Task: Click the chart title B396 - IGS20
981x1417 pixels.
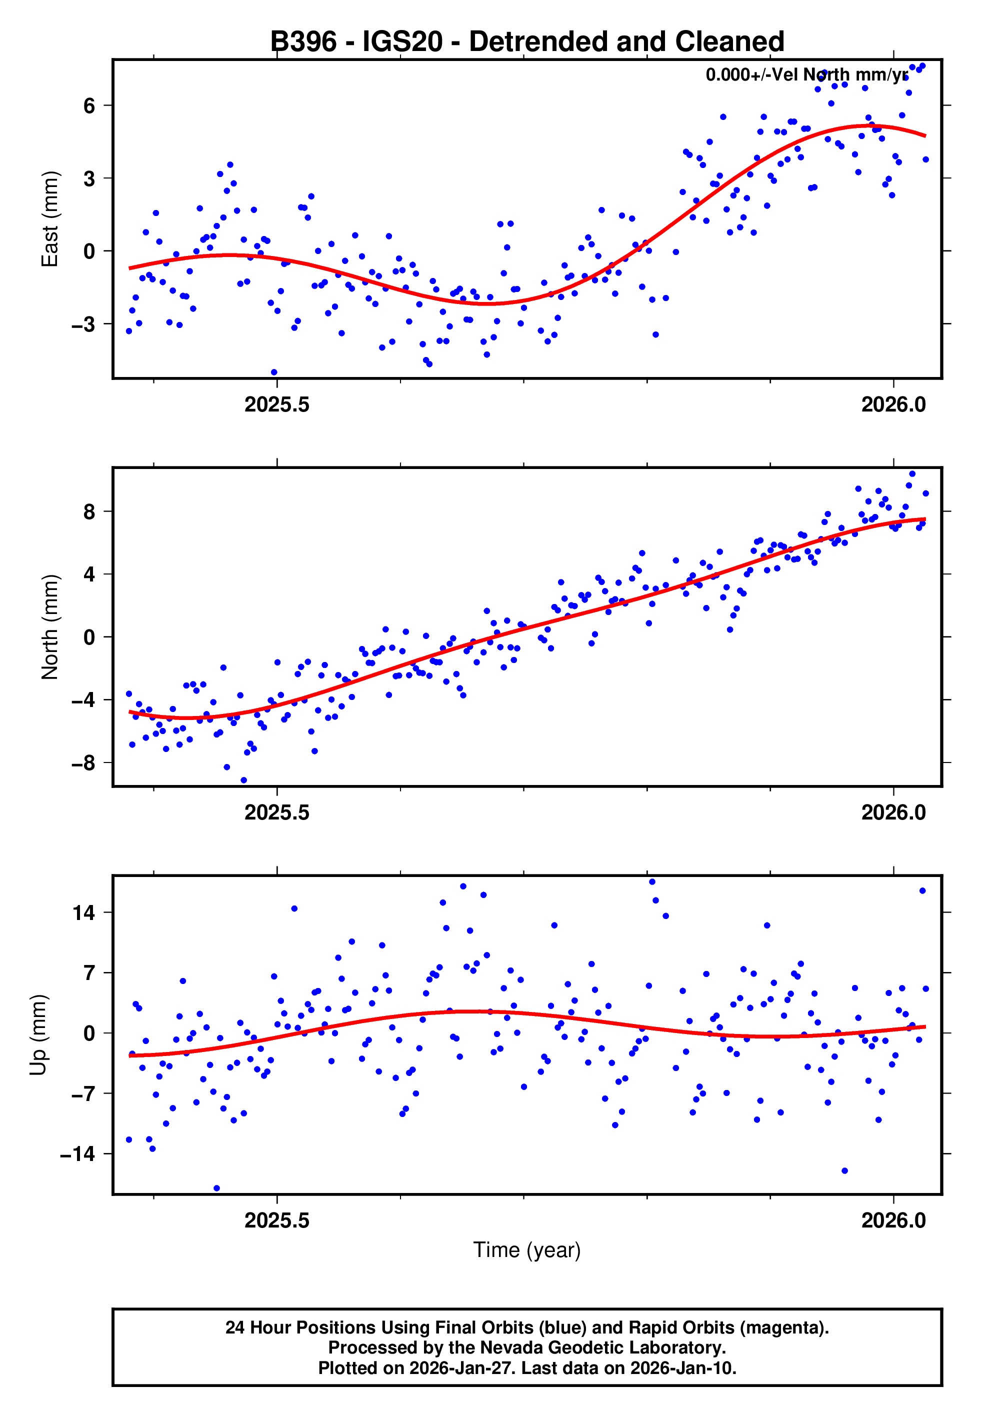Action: [527, 42]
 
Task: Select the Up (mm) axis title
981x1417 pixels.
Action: [38, 1035]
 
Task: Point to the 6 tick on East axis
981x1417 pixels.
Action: [89, 105]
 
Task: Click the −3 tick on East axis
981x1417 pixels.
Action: [83, 324]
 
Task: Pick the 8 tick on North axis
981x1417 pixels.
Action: [89, 511]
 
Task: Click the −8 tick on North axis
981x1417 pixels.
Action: [83, 763]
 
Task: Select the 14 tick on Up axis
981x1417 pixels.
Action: [84, 913]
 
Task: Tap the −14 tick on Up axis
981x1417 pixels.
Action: [77, 1154]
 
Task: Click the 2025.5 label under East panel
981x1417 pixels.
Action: [276, 405]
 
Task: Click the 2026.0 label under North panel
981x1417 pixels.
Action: [893, 813]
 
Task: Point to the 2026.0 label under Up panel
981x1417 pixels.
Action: [893, 1221]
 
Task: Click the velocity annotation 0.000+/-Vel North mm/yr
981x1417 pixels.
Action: [806, 75]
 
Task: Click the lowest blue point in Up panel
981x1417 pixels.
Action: [216, 1188]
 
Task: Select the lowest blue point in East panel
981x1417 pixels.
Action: [274, 372]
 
